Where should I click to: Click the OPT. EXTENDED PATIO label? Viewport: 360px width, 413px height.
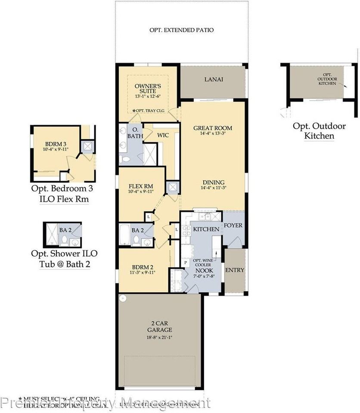pyautogui.click(x=181, y=30)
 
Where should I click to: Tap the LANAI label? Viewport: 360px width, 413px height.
pyautogui.click(x=213, y=79)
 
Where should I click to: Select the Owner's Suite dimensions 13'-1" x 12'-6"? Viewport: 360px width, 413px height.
pyautogui.click(x=147, y=96)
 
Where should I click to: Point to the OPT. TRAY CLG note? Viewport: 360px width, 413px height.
pyautogui.click(x=149, y=111)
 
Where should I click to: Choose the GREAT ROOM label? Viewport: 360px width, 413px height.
pyautogui.click(x=213, y=128)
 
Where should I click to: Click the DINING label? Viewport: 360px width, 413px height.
pyautogui.click(x=213, y=182)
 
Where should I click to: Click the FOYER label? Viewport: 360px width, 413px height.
pyautogui.click(x=233, y=225)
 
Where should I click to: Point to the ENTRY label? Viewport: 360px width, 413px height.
pyautogui.click(x=235, y=270)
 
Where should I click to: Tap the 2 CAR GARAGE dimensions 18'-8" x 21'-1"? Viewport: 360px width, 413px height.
pyautogui.click(x=159, y=337)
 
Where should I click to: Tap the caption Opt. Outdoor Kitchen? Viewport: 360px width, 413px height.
pyautogui.click(x=319, y=131)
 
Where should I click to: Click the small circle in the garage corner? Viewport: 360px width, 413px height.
pyautogui.click(x=122, y=298)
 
